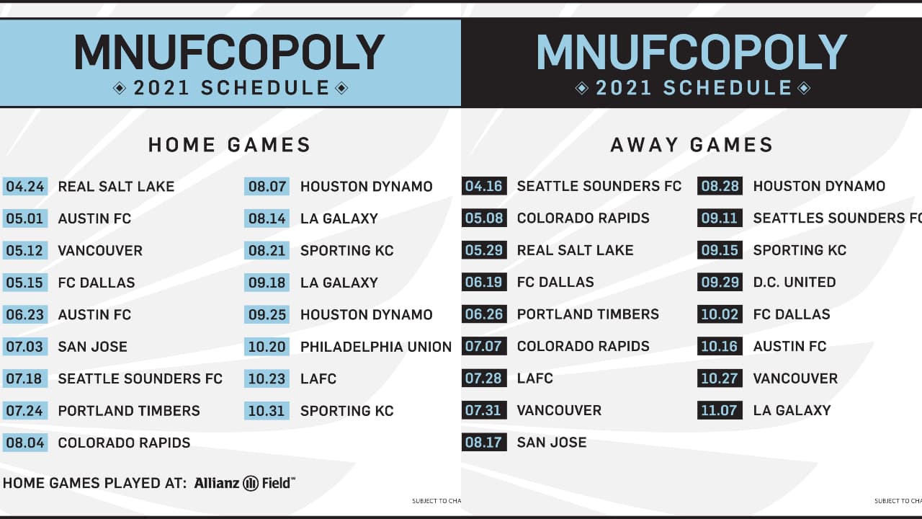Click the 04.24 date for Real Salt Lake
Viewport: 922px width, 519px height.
[25, 187]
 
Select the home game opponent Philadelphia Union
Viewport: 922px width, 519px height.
[375, 347]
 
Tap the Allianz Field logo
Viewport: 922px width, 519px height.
[245, 483]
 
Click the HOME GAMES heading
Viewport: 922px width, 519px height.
[230, 145]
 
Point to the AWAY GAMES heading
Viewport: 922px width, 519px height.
[691, 145]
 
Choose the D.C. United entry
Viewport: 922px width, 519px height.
[794, 283]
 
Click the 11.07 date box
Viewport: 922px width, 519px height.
[720, 411]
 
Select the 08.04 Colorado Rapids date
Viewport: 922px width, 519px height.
[25, 443]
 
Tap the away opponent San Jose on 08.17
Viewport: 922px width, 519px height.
[551, 443]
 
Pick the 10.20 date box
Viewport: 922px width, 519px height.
[267, 347]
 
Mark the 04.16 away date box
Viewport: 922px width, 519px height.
[484, 187]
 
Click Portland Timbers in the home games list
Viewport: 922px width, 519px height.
[129, 411]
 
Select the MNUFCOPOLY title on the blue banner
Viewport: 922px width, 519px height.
[230, 53]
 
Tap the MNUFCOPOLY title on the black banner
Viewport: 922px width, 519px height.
[691, 53]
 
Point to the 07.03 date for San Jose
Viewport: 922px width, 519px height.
[25, 347]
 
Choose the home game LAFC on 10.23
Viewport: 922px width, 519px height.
[318, 379]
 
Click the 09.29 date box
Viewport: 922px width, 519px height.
[720, 283]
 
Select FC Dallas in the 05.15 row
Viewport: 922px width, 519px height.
[96, 283]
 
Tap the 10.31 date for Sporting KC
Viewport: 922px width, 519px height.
[267, 411]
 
